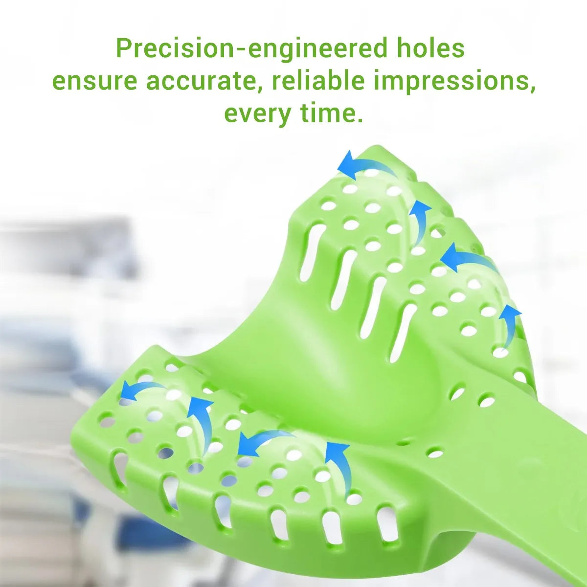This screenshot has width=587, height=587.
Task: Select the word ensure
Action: (94, 81)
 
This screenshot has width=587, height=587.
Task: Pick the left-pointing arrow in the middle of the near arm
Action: (262, 440)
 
